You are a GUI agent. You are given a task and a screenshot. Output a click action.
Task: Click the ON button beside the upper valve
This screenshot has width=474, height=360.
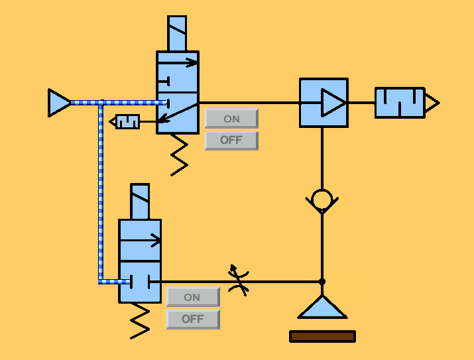pyautogui.click(x=231, y=119)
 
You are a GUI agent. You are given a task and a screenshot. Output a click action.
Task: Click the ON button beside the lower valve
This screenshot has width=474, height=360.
pyautogui.click(x=192, y=297)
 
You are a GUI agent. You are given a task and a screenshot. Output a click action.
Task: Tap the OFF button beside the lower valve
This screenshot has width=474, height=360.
pyautogui.click(x=192, y=319)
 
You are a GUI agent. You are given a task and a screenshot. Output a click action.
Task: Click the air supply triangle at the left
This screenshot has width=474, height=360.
pyautogui.click(x=58, y=103)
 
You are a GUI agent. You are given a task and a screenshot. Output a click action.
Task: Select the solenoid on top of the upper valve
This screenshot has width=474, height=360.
pyautogui.click(x=177, y=34)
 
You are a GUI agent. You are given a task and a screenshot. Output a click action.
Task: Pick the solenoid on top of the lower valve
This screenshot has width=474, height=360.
pyautogui.click(x=140, y=202)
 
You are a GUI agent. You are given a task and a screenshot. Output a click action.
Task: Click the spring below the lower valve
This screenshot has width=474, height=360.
pyautogui.click(x=140, y=321)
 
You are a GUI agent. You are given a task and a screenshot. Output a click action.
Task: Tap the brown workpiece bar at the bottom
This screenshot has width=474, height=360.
pyautogui.click(x=322, y=336)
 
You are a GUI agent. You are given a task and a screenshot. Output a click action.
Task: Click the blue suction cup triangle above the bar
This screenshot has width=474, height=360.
pyautogui.click(x=322, y=308)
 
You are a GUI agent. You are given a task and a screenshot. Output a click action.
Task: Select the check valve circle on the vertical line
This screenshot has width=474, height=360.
pyautogui.click(x=322, y=199)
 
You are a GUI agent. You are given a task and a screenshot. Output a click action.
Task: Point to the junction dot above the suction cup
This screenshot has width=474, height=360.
pyautogui.click(x=322, y=282)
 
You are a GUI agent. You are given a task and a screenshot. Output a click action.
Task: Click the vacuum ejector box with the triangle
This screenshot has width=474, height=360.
pyautogui.click(x=324, y=103)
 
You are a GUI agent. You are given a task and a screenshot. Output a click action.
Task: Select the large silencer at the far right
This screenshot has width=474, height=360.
pyautogui.click(x=400, y=103)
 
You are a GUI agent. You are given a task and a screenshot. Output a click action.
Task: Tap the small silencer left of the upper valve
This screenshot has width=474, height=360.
pyautogui.click(x=127, y=122)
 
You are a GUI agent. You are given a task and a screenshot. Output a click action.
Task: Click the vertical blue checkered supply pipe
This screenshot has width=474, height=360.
pyautogui.click(x=101, y=192)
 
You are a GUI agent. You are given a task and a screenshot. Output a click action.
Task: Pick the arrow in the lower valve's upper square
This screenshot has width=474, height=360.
pyautogui.click(x=140, y=240)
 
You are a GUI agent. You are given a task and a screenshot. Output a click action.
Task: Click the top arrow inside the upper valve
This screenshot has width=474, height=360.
pyautogui.click(x=178, y=63)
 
